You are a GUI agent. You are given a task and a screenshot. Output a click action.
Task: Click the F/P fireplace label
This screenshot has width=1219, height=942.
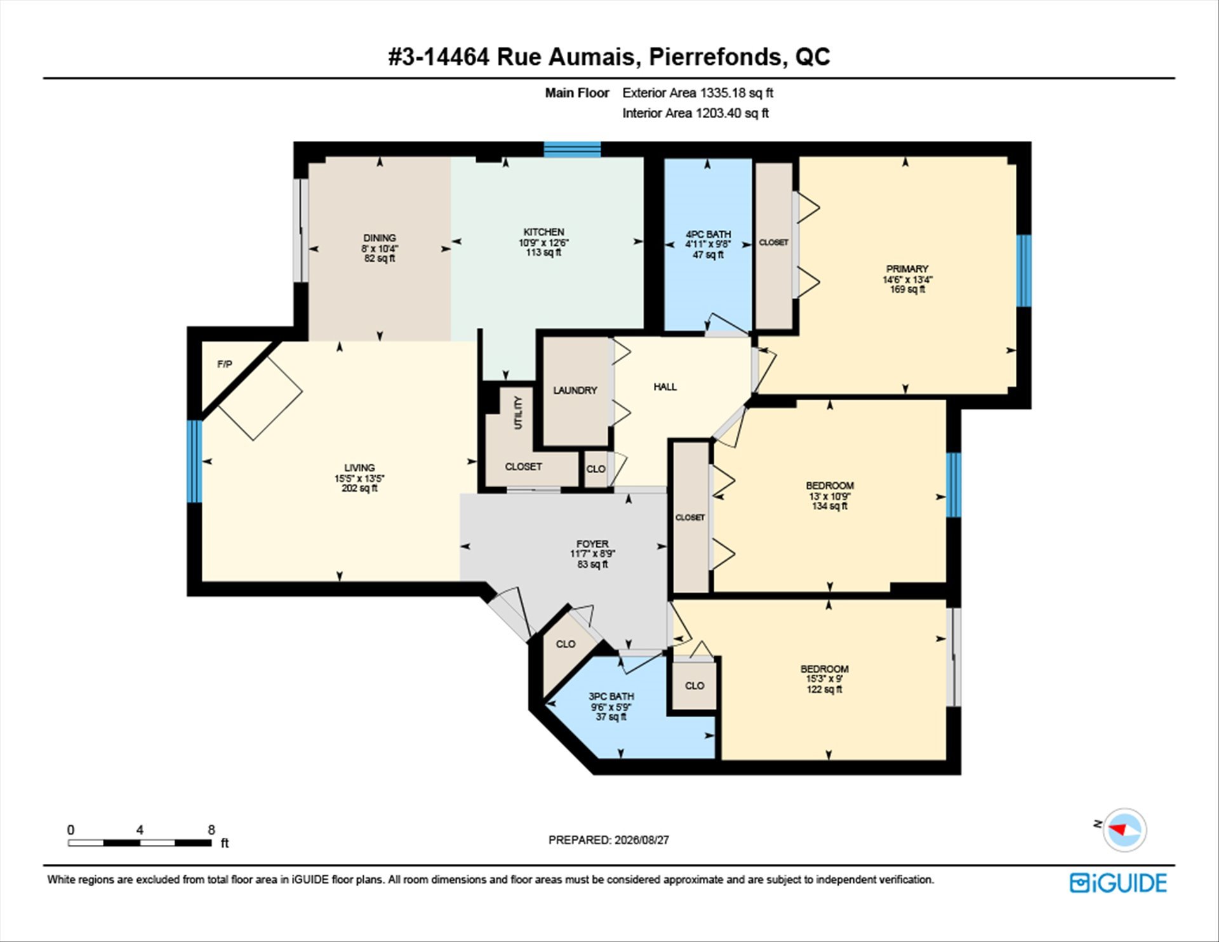(225, 364)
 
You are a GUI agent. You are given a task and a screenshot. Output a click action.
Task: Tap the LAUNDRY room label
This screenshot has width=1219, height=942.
(575, 390)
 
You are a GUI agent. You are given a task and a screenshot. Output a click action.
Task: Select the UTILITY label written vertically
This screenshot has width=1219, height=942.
(518, 413)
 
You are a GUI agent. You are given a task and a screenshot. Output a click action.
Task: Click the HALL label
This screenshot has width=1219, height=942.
(665, 386)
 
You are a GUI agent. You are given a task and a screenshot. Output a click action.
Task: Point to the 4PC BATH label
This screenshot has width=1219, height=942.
(709, 234)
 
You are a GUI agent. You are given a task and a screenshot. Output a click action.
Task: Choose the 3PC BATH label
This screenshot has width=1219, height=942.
(611, 696)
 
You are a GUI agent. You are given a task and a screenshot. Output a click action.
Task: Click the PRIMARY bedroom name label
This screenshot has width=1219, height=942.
(907, 269)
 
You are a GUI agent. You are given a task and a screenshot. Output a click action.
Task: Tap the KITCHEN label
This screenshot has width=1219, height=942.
(544, 232)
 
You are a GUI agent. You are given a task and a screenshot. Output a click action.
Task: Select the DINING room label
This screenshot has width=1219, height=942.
(380, 238)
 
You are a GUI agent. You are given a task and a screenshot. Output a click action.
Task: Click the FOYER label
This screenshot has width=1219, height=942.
(592, 544)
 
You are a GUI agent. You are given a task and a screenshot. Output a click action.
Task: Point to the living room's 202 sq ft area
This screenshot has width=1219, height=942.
(360, 488)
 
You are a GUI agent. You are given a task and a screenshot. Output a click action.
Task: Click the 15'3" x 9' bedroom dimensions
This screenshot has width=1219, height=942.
(825, 679)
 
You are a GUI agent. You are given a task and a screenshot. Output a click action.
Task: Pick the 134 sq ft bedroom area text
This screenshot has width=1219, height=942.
(830, 506)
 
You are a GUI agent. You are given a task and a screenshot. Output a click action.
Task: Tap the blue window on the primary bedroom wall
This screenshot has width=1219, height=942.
(1023, 271)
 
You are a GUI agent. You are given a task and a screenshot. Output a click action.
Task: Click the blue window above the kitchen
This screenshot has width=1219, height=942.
(572, 149)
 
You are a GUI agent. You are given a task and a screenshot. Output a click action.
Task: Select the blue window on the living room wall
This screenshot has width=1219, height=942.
(195, 461)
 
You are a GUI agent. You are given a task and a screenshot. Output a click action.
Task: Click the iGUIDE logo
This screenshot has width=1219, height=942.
(1118, 883)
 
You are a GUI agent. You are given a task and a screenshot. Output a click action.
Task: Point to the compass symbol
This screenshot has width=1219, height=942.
(1124, 830)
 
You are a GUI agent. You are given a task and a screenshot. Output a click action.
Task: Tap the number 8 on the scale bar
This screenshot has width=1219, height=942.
(211, 830)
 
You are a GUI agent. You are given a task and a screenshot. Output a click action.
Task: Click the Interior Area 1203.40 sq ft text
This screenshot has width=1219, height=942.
(695, 113)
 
